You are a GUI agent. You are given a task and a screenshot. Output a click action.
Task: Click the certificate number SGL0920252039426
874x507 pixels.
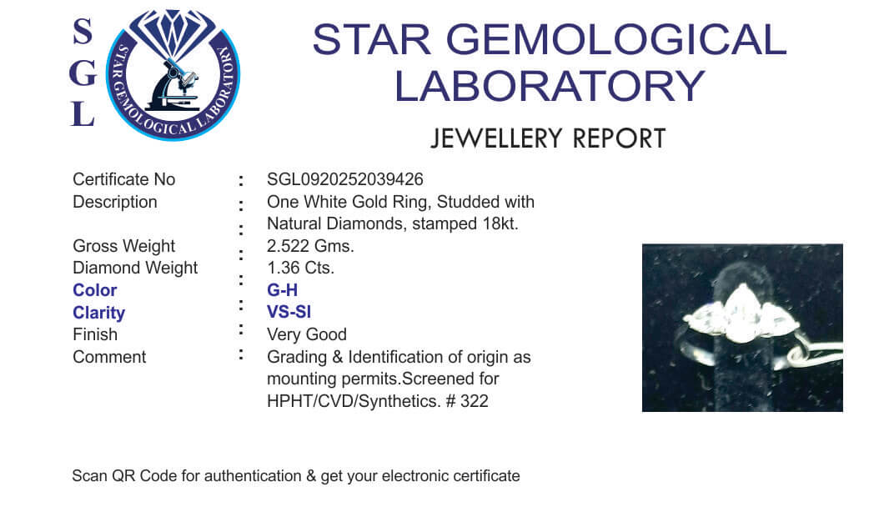pyautogui.click(x=345, y=179)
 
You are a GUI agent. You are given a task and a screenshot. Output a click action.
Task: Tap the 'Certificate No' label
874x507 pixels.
pyautogui.click(x=123, y=179)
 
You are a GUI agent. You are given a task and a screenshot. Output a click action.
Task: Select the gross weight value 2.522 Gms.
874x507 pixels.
pyautogui.click(x=310, y=246)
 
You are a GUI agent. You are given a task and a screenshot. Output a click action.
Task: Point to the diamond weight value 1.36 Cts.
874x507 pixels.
pyautogui.click(x=300, y=268)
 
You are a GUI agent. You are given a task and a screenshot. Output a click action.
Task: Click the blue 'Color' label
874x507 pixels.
pyautogui.click(x=95, y=290)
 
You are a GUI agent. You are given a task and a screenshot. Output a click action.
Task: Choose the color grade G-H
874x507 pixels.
pyautogui.click(x=282, y=290)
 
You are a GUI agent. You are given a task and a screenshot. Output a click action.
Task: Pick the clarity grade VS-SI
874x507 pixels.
pyautogui.click(x=289, y=312)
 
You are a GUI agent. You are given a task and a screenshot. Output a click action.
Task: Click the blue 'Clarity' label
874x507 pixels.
pyautogui.click(x=98, y=313)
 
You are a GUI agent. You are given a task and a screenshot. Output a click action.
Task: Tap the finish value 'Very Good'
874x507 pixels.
pyautogui.click(x=307, y=334)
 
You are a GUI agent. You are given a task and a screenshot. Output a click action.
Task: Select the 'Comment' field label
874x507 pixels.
pyautogui.click(x=109, y=357)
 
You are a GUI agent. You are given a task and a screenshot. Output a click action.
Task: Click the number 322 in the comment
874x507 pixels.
pyautogui.click(x=474, y=401)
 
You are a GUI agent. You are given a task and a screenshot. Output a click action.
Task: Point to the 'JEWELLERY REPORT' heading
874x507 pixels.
pyautogui.click(x=548, y=138)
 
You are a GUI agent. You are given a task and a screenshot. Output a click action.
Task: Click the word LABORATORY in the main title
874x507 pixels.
pyautogui.click(x=550, y=87)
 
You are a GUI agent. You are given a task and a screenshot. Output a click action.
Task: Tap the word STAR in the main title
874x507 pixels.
pyautogui.click(x=371, y=39)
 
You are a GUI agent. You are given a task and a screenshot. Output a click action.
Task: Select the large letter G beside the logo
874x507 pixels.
pyautogui.click(x=83, y=73)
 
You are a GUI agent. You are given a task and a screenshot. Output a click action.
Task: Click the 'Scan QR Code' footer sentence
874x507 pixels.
pyautogui.click(x=296, y=476)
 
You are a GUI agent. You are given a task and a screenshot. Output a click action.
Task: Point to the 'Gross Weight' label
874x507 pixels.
pyautogui.click(x=123, y=246)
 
